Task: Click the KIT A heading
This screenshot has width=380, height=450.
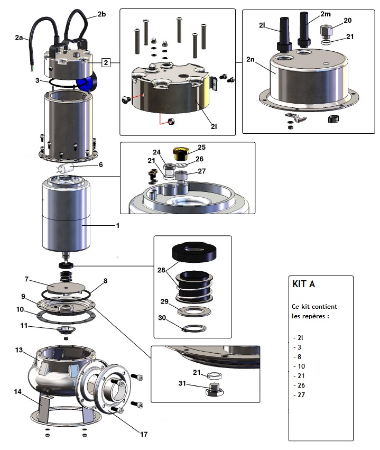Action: (304, 284)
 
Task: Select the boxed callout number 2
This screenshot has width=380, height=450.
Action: (106, 63)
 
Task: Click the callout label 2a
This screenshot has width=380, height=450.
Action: (20, 38)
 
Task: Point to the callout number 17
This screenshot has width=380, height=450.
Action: (143, 434)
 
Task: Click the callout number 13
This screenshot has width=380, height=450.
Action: (19, 350)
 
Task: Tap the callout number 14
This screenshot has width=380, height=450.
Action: (18, 392)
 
